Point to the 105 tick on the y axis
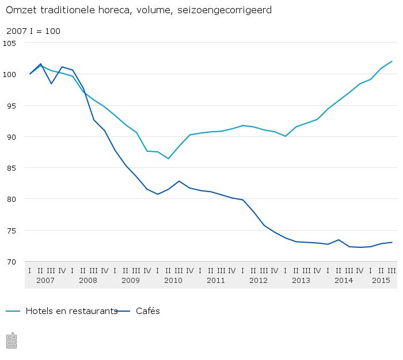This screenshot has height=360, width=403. (x=10, y=43)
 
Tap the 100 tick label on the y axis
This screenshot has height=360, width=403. (x=10, y=74)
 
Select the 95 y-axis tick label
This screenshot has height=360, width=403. (x=12, y=105)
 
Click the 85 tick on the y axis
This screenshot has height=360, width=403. (x=12, y=168)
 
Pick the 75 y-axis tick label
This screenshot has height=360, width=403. (x=12, y=231)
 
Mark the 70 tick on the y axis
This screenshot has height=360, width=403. (x=12, y=262)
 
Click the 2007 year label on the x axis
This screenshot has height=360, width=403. (x=45, y=281)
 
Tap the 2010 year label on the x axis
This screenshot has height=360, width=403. (x=173, y=281)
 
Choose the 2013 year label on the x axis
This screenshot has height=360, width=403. (x=301, y=281)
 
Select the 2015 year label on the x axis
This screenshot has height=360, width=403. (x=381, y=281)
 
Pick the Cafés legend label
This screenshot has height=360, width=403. (x=148, y=311)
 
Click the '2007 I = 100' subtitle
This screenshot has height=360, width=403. (x=33, y=31)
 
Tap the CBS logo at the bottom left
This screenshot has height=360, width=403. (x=12, y=340)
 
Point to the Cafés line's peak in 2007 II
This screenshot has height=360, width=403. (x=40, y=64)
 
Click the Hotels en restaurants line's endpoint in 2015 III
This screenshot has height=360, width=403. (x=392, y=62)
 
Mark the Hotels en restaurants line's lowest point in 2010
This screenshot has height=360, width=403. (x=168, y=159)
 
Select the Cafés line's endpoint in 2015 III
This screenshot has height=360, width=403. (x=392, y=242)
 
